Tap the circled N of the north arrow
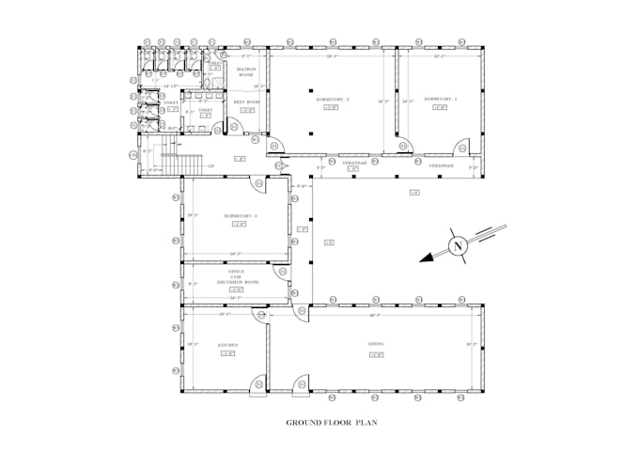458,246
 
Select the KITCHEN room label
227,345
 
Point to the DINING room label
376,345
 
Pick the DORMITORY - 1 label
440,98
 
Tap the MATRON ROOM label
247,71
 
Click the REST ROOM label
247,101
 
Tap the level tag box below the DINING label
376,354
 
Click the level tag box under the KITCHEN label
227,354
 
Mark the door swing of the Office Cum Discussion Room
280,272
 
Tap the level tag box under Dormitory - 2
332,107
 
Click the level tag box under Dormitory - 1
440,107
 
